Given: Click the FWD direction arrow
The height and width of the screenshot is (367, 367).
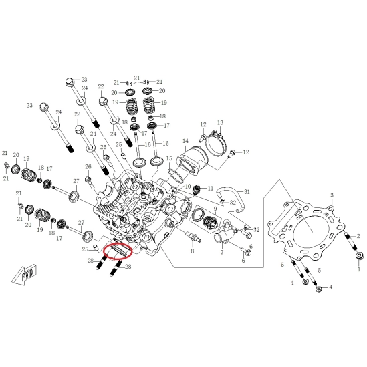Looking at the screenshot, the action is point(25,274).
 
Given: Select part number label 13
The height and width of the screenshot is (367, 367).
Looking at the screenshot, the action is point(220,122).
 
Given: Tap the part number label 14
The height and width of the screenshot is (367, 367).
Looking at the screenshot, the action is point(185,141).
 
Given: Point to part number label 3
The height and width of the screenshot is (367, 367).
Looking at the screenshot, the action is point(332,195).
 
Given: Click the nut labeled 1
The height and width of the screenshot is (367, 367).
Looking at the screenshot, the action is point(359,255).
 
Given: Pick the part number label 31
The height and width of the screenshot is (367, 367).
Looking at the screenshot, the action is point(247,192).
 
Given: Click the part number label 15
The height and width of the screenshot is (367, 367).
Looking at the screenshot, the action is point(169,158).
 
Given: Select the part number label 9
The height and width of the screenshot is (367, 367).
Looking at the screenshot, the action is point(215,209).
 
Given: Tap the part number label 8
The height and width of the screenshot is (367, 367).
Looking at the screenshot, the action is point(193,251).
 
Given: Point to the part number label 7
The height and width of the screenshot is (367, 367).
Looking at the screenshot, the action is point(222,252).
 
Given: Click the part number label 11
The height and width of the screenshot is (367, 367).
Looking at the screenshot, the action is point(211,188).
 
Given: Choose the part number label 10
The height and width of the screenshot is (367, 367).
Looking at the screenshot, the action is point(188,187).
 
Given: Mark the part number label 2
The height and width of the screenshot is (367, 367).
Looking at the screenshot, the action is point(358,237).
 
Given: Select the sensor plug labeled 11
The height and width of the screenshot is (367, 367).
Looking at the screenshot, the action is point(197,189).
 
